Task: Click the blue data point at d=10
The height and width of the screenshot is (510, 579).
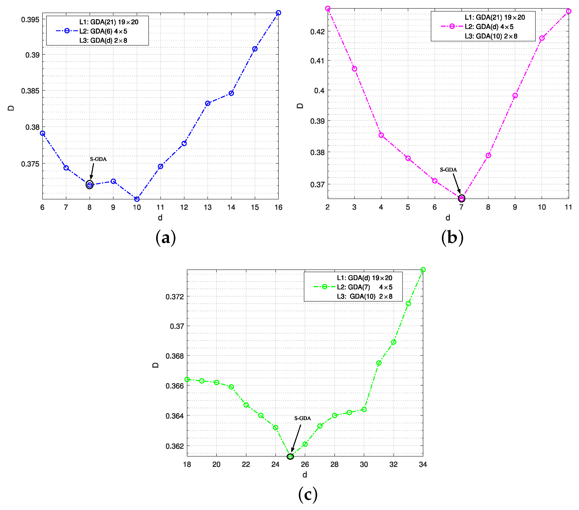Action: click(137, 199)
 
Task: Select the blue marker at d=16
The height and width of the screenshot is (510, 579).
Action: click(278, 13)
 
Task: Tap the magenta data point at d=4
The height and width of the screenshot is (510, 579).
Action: click(381, 135)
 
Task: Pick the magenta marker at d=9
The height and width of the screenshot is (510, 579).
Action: click(515, 96)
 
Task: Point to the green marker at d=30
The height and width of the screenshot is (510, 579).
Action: click(364, 409)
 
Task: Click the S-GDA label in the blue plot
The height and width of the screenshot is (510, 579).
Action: click(98, 159)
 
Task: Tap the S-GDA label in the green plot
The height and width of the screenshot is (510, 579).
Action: click(303, 418)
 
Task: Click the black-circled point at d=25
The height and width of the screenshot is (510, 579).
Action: click(290, 457)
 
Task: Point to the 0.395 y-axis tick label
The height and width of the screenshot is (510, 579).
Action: click(30, 19)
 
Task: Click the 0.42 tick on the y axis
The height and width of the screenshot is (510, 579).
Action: click(317, 31)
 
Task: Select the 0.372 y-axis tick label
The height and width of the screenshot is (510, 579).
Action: click(175, 297)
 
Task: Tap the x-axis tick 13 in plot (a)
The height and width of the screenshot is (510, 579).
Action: click(208, 208)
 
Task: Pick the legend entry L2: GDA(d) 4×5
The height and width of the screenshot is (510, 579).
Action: click(489, 27)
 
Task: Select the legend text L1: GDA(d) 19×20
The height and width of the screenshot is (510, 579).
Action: click(364, 278)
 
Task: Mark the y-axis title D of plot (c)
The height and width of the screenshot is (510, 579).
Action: click(155, 365)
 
